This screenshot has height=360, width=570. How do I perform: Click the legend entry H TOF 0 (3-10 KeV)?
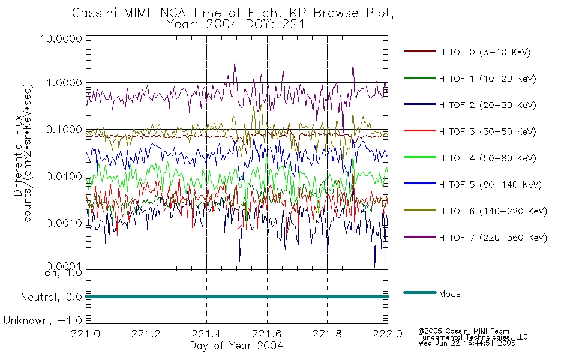485,52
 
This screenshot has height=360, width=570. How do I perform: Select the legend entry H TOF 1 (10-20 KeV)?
487,79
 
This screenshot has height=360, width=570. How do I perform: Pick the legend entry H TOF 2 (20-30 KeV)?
487,105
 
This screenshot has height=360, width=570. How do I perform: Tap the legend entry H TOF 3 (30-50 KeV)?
487,131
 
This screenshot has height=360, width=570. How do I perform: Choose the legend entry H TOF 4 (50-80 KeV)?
487,158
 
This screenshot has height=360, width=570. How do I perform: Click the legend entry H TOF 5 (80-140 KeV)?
490,185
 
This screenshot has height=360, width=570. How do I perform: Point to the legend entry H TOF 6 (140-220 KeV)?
493,211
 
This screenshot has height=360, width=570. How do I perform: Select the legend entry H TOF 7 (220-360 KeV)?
493,238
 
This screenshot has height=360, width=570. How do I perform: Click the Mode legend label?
449,294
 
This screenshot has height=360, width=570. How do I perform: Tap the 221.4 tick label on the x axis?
206,334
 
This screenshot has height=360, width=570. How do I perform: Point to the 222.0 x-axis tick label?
388,334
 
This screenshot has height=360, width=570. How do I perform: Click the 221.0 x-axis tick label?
86,334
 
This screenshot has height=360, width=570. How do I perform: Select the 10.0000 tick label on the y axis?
61,38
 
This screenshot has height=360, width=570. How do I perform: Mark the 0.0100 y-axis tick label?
64,176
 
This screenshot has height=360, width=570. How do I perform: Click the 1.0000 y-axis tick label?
64,83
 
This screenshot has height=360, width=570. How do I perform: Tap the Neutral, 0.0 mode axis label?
52,298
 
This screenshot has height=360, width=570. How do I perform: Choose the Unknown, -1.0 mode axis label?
43,320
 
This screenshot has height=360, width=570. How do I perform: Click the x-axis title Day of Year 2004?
236,346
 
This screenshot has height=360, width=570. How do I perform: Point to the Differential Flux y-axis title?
18,155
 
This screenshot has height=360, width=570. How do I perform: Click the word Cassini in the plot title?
95,13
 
